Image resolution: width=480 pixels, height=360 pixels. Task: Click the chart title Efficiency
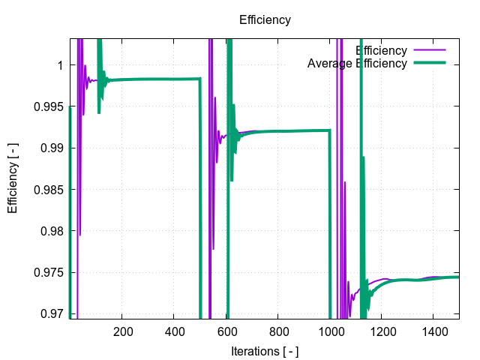[265, 20]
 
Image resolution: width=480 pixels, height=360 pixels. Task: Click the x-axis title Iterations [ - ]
[265, 350]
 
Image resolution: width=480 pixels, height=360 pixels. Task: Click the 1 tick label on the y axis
[59, 65]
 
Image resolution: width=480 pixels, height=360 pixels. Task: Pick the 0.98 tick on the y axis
[52, 230]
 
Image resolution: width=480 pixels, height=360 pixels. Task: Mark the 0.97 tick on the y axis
[52, 313]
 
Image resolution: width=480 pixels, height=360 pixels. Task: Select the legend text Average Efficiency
[357, 63]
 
